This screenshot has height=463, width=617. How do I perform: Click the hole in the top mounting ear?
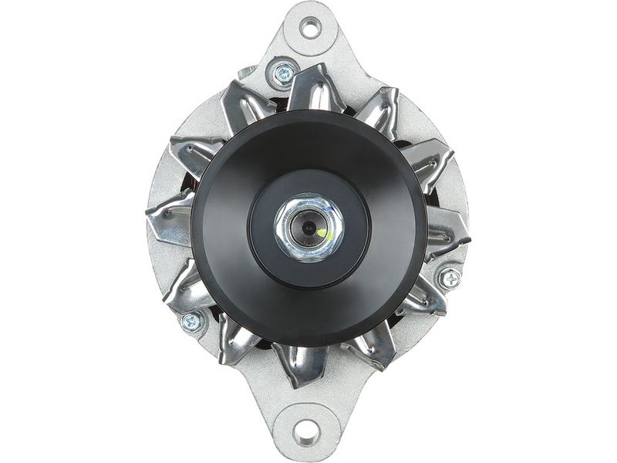tap(310, 29)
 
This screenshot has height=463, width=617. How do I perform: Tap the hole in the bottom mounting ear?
tap(306, 431)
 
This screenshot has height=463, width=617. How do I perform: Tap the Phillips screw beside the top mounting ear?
tap(283, 75)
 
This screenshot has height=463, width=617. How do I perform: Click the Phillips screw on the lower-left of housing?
tap(189, 321)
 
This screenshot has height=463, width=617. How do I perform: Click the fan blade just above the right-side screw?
tap(447, 232)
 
